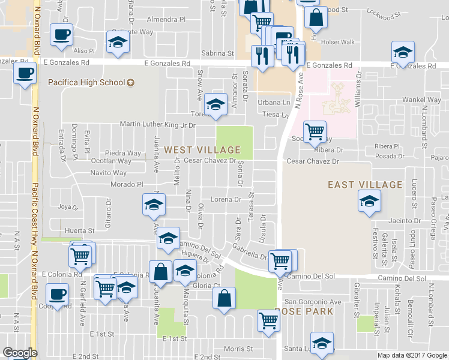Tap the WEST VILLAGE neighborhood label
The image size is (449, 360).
coord(202,150)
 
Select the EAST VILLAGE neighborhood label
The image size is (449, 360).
coord(365,185)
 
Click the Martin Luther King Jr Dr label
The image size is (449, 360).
coord(158,125)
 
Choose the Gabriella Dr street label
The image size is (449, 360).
coord(250,253)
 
